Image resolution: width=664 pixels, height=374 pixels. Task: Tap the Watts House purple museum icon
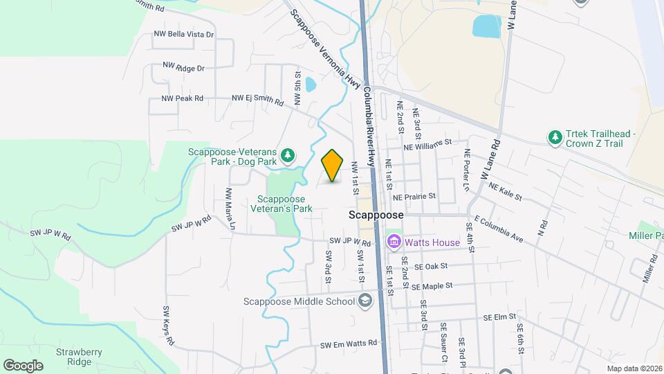[394, 242]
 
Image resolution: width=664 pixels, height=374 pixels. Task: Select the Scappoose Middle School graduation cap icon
[365, 301]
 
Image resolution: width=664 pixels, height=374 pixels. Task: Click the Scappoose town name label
[376, 215]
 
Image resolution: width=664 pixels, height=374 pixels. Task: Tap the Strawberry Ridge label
[80, 357]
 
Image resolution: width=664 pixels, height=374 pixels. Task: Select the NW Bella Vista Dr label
[183, 34]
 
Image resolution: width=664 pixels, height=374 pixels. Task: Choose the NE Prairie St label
[414, 197]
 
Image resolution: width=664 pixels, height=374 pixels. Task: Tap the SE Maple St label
[432, 285]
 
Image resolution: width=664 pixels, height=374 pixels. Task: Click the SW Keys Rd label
[167, 326]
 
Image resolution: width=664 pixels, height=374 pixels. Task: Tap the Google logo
[23, 366]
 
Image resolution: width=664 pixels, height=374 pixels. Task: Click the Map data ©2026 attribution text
[634, 368]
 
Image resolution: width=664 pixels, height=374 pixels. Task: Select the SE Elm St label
[501, 317]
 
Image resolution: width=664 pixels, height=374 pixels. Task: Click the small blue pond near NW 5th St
[311, 85]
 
